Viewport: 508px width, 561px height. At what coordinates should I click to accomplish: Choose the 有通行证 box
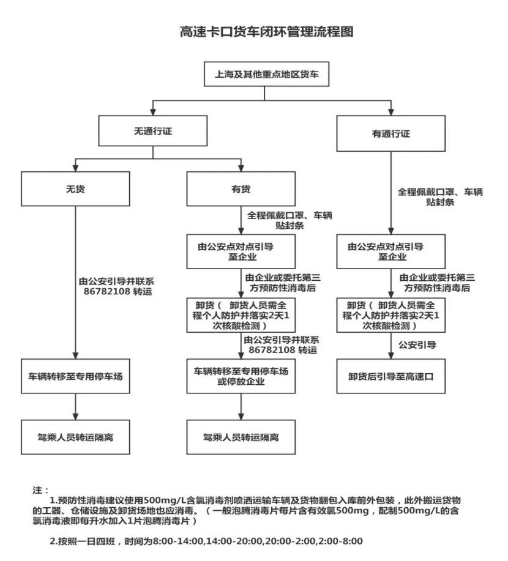tap(390, 133)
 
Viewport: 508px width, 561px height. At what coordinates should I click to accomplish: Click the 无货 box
tap(75, 188)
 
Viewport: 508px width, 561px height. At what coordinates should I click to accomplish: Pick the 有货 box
tap(241, 188)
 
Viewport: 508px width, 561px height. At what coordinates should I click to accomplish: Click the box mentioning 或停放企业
tap(241, 376)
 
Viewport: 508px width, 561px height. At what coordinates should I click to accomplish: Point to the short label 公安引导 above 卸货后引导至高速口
tap(417, 345)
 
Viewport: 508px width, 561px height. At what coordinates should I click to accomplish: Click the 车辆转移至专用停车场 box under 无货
tap(75, 376)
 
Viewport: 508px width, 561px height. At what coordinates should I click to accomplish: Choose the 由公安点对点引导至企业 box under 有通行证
tap(390, 251)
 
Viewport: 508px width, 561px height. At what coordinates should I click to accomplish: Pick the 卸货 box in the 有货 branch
tap(241, 314)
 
